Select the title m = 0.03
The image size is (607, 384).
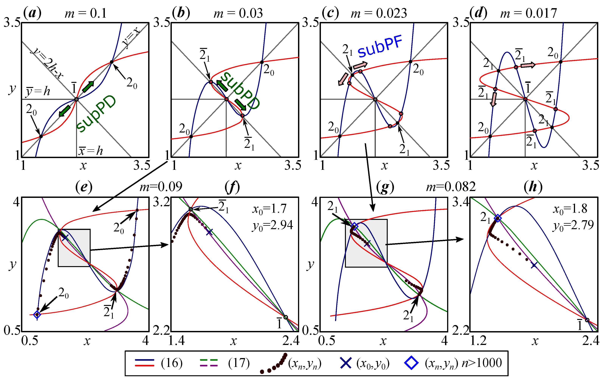click(x=238, y=13)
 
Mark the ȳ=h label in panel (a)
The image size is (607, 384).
click(x=38, y=91)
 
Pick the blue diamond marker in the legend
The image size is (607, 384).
click(x=411, y=363)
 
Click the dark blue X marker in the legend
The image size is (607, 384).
click(x=346, y=363)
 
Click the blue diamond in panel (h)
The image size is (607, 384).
click(x=498, y=218)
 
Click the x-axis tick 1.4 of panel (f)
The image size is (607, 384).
click(x=177, y=341)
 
